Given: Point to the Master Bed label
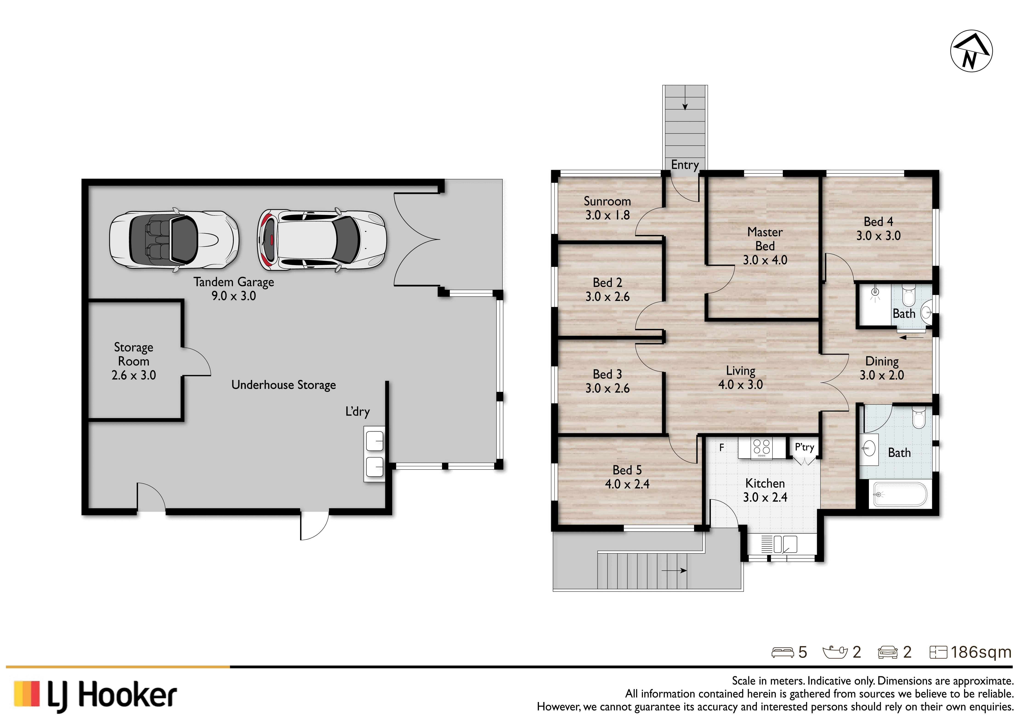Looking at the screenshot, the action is pos(765,246).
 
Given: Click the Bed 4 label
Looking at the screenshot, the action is pos(878,229).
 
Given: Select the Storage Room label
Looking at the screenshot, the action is pos(133,361).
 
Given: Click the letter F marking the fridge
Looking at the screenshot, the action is pos(722,447).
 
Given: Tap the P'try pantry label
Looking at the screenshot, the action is pos(804,447).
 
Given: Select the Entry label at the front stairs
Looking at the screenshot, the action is pos(685,165).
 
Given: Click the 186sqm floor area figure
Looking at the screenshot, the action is pos(981,652).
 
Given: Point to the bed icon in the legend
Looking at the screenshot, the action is pos(783,652).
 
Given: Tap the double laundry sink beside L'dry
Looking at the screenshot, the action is pos(374,454).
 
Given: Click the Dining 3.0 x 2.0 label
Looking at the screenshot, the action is pos(882,368).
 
